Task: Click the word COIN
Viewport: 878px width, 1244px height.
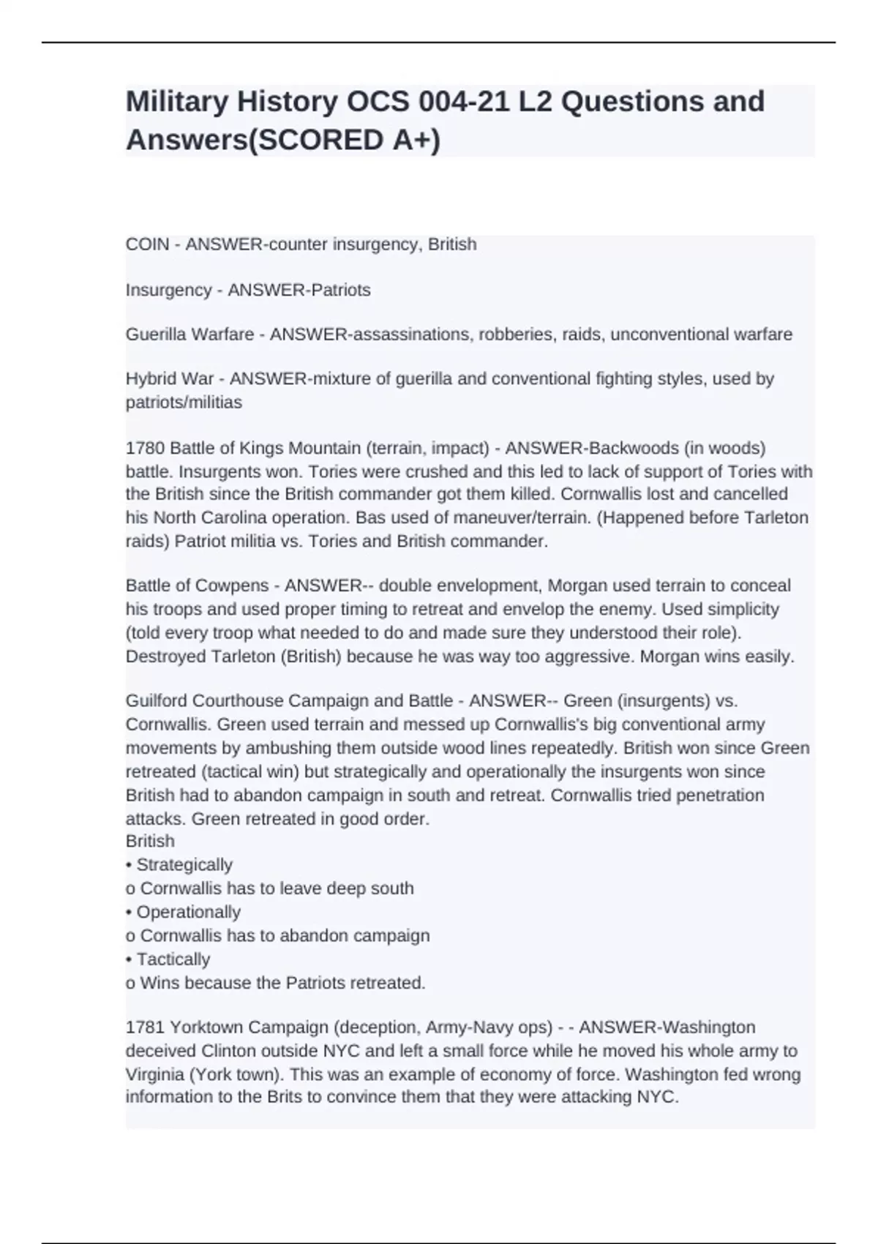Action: [147, 244]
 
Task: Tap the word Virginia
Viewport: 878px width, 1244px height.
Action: [155, 1075]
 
